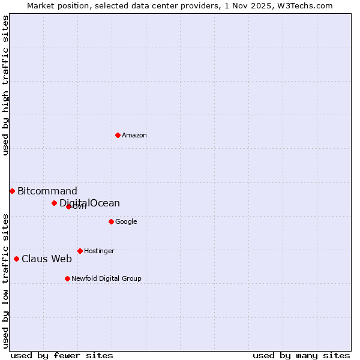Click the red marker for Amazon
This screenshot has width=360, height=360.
click(x=118, y=135)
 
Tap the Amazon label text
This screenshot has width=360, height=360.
click(x=134, y=136)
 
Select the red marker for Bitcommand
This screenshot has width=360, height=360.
click(x=12, y=191)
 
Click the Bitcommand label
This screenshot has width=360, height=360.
click(x=47, y=191)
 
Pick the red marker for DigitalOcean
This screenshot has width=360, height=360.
click(x=54, y=203)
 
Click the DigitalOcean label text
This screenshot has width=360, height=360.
click(x=90, y=203)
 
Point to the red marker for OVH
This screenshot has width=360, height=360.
click(x=68, y=206)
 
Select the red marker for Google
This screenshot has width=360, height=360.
click(x=111, y=221)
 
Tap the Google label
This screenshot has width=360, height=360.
click(x=126, y=222)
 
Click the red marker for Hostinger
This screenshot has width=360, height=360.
click(x=80, y=251)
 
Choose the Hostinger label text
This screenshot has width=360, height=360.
click(x=99, y=251)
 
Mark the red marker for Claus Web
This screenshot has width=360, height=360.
click(x=16, y=259)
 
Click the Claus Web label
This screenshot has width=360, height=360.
click(x=47, y=259)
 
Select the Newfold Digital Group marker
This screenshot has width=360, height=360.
click(x=67, y=278)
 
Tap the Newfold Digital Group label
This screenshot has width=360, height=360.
click(x=106, y=279)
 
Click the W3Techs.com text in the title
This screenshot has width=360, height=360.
click(x=307, y=5)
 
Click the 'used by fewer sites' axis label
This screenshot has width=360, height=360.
click(x=62, y=355)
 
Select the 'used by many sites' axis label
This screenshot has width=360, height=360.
click(x=301, y=355)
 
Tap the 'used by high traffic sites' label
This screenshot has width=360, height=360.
click(x=5, y=85)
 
